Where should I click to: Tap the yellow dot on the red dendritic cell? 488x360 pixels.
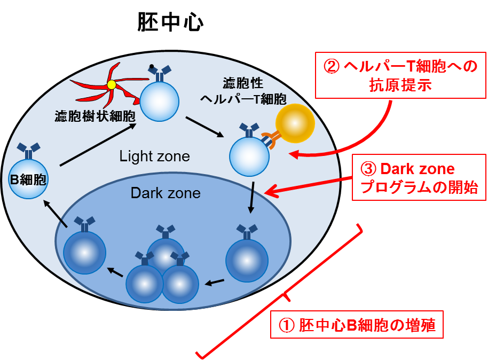point(111,84)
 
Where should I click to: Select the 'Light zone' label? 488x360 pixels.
point(154,156)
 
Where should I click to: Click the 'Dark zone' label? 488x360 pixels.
point(166,193)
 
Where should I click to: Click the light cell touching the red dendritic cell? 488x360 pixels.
point(160,100)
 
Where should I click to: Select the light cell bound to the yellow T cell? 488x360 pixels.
point(249,156)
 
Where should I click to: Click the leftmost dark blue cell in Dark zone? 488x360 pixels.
point(84,252)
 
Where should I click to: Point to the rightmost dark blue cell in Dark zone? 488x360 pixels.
point(247,260)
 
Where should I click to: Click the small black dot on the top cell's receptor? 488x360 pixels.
point(152,67)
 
